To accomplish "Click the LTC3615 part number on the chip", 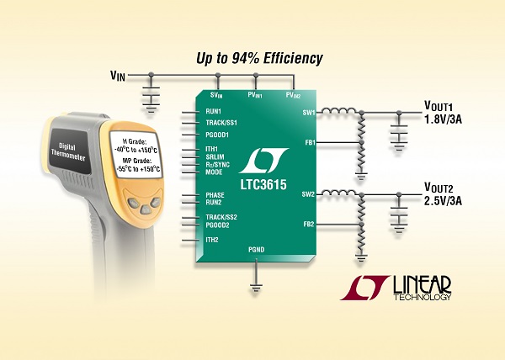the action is pyautogui.click(x=263, y=185).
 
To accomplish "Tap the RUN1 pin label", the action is pyautogui.click(x=214, y=112).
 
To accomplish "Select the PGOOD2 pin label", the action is pyautogui.click(x=217, y=225).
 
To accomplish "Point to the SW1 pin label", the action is pyautogui.click(x=309, y=113).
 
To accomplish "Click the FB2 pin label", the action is pyautogui.click(x=309, y=225).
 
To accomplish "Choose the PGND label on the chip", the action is pyautogui.click(x=257, y=249).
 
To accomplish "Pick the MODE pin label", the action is pyautogui.click(x=214, y=172).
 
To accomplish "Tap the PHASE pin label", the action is pyautogui.click(x=215, y=195).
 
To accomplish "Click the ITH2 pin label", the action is pyautogui.click(x=212, y=240).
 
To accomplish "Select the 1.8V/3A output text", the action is pyautogui.click(x=443, y=119).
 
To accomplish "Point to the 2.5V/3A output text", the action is pyautogui.click(x=443, y=201).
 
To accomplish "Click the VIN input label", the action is pyautogui.click(x=118, y=76).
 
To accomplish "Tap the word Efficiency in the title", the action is pyautogui.click(x=293, y=59).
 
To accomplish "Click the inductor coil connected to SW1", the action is pyautogui.click(x=339, y=111).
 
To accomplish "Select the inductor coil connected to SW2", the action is pyautogui.click(x=339, y=193).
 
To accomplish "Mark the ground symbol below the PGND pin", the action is pyautogui.click(x=256, y=288).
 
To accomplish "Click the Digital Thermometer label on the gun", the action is pyautogui.click(x=68, y=152).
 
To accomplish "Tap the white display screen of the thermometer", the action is pyautogui.click(x=136, y=155).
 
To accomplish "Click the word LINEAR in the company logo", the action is pyautogui.click(x=422, y=284).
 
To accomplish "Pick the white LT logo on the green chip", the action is pyautogui.click(x=263, y=161).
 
